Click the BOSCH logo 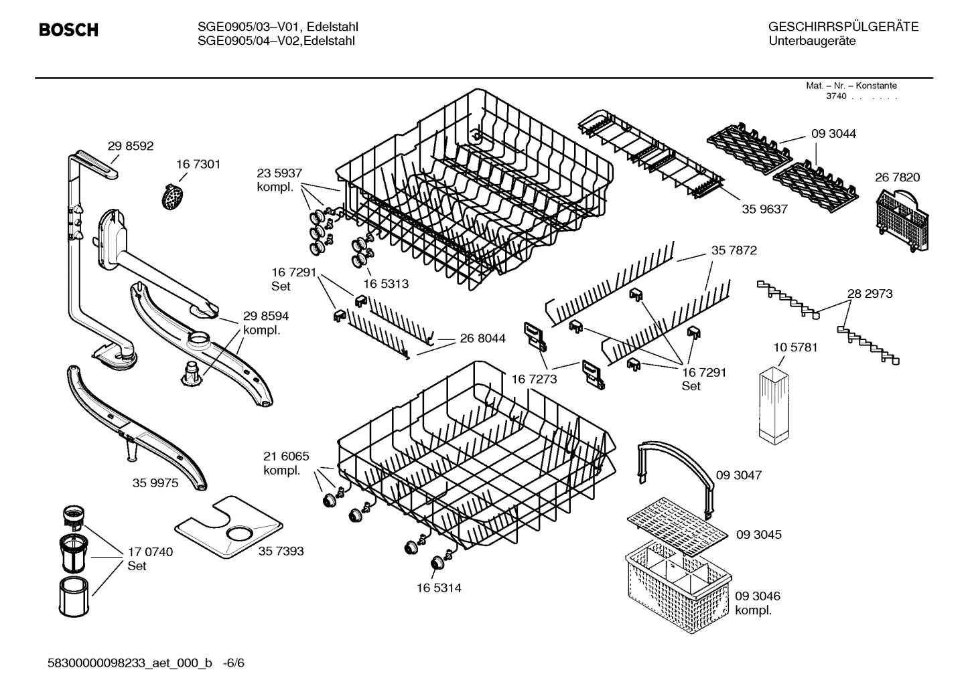pyautogui.click(x=68, y=30)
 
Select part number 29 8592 pyautogui.click(x=131, y=147)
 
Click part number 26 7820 pyautogui.click(x=897, y=177)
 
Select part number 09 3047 pyautogui.click(x=739, y=475)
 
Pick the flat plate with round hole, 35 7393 pyautogui.click(x=228, y=527)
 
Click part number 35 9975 pyautogui.click(x=155, y=483)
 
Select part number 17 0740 pyautogui.click(x=150, y=552)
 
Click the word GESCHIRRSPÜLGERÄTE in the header pyautogui.click(x=843, y=27)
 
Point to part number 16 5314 pyautogui.click(x=439, y=588)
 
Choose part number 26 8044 pyautogui.click(x=482, y=339)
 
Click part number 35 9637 pyautogui.click(x=764, y=209)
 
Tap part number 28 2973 pyautogui.click(x=870, y=294)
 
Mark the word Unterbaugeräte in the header pyautogui.click(x=812, y=41)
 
